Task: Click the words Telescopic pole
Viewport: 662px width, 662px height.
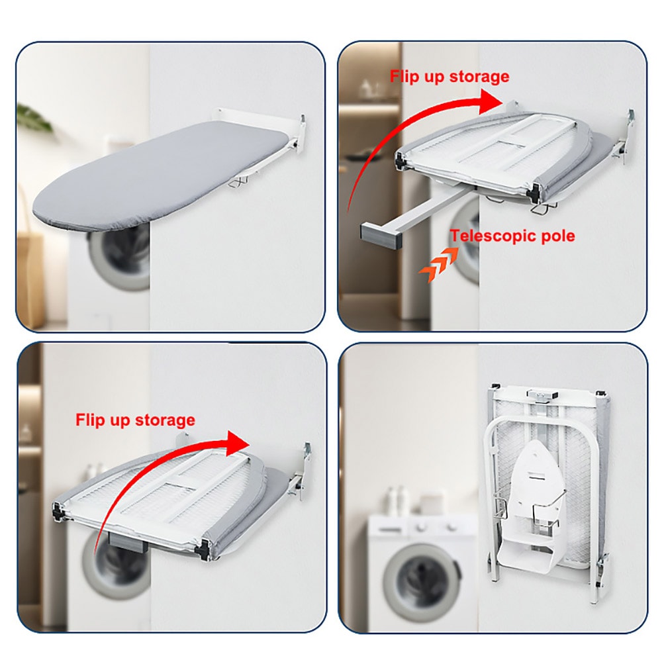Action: pos(512,236)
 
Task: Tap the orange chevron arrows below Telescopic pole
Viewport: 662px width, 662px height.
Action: pos(439,264)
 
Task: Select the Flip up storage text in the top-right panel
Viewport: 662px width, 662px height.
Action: pos(449,76)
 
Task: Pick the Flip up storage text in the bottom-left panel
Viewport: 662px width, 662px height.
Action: pos(135,420)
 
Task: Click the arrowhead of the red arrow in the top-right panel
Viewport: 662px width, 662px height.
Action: pos(491,102)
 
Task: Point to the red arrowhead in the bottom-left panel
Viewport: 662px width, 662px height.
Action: pos(238,444)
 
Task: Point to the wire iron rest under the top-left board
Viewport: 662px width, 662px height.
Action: pos(238,182)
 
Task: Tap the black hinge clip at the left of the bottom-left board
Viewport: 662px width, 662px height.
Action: pos(58,511)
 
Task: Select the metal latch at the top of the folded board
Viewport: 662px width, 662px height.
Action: pos(542,396)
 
